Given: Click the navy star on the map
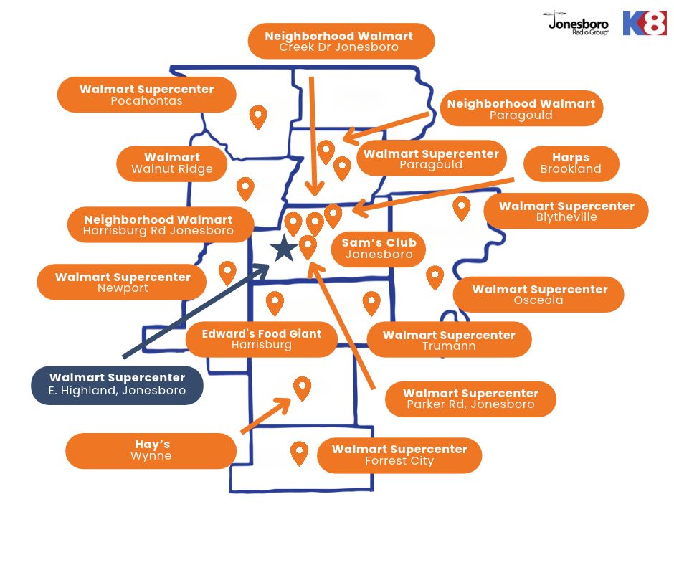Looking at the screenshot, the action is tap(284, 249).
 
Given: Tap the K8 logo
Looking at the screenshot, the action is tap(645, 23).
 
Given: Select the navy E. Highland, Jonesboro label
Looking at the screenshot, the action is tap(117, 385).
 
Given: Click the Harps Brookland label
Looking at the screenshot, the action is tap(571, 163).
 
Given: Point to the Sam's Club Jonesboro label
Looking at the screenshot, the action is tap(379, 249).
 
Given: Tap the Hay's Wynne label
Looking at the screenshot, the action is tap(151, 450).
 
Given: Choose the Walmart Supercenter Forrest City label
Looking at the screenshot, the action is tap(399, 455).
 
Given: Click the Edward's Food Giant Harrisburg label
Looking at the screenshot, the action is tap(262, 339).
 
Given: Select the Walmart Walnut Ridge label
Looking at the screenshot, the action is tap(172, 163).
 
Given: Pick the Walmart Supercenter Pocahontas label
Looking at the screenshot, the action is tap(146, 95).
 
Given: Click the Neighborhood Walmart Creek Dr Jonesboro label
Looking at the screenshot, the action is tap(341, 41).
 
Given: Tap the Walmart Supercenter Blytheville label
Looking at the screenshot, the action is tap(566, 211).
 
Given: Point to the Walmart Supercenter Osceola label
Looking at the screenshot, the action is tap(538, 295).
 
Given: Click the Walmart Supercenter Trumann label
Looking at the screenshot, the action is tap(449, 340).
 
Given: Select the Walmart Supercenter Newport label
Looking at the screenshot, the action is tap(122, 282).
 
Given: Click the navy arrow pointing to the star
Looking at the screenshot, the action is tap(196, 311).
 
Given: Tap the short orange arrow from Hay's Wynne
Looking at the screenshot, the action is tap(265, 415).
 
